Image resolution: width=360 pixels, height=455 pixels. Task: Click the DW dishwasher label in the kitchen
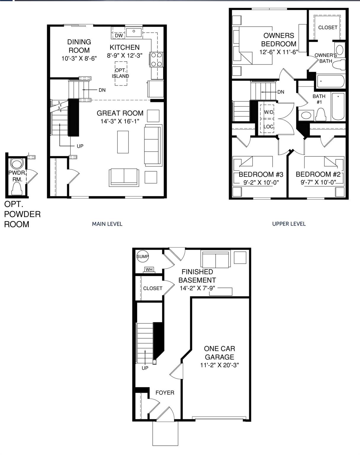coord(119,36)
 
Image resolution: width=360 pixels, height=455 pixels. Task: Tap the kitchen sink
coord(134,32)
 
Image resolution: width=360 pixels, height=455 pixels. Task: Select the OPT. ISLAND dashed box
coord(121,73)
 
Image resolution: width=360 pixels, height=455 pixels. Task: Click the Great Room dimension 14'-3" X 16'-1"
coord(120,121)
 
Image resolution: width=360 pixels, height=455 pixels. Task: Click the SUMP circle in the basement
coord(142,257)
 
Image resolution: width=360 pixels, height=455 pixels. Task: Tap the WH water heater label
coord(149,270)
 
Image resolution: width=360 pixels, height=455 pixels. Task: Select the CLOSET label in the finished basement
coord(152,288)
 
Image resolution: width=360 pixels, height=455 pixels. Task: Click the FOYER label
coord(165,392)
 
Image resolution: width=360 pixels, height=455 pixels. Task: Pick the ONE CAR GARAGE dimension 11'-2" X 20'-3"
coord(219,365)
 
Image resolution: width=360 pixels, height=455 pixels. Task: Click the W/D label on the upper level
coord(269,112)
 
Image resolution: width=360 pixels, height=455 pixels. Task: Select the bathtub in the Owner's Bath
coord(330,81)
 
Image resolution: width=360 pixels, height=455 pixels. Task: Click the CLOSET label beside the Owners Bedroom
coord(328,27)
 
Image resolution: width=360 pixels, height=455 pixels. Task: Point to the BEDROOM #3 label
coord(261,174)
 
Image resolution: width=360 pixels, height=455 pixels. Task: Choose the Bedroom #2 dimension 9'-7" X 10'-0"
coord(318,182)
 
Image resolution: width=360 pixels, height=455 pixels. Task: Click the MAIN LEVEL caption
coord(107,224)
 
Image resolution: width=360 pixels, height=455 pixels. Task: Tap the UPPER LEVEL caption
coord(289,224)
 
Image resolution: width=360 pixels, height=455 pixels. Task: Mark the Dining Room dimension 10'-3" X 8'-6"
coord(79,58)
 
